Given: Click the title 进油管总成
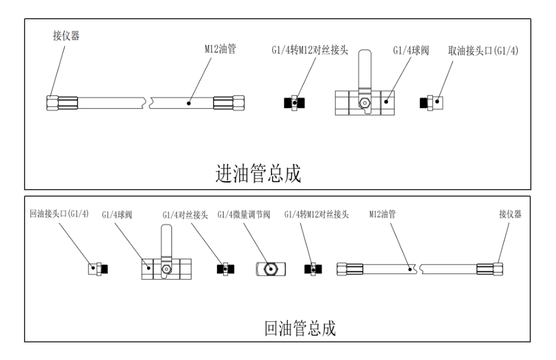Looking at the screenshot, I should point(259,174).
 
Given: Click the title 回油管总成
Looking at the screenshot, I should point(300,328).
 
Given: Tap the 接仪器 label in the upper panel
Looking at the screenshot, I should point(66,36).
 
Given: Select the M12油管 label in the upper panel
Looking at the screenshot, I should point(220,50).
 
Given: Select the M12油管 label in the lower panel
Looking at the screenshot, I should point(382,214).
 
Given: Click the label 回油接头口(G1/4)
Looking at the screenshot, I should point(59,214).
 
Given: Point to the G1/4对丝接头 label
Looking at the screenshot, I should point(186,215).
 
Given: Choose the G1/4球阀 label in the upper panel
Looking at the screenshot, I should point(411,51).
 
